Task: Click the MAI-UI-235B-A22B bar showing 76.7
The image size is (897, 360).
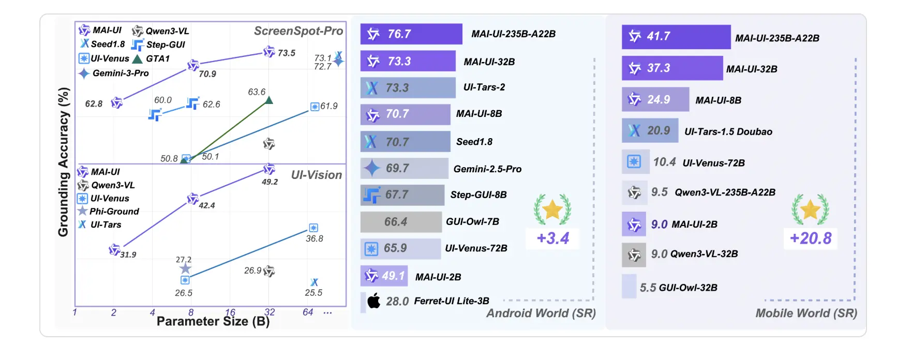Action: coord(411,34)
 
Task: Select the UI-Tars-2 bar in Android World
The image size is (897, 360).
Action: coord(408,88)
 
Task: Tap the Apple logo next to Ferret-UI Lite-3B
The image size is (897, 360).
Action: coord(373,301)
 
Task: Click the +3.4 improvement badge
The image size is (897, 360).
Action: coord(552,238)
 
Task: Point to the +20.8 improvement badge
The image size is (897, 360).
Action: coord(810,238)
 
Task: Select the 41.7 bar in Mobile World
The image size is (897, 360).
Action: coord(676,37)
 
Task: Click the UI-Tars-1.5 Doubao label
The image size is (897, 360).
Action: coord(728,132)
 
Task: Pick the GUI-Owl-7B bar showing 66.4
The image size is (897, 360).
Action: coord(401,222)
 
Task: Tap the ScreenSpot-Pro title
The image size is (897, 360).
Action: coord(298,31)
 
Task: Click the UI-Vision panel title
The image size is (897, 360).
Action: coord(316,175)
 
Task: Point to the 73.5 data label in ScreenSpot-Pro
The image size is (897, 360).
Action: coord(286,53)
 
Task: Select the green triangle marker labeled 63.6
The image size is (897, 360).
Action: coord(268,100)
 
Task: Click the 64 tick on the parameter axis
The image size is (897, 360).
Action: coord(308,312)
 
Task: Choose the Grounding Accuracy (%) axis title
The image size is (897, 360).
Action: coord(63,162)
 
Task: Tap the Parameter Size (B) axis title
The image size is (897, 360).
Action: coord(213,322)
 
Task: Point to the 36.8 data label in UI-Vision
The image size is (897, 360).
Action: coord(314,238)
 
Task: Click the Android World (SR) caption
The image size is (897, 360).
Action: coord(541,313)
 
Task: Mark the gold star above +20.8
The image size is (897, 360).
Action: coord(810,209)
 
